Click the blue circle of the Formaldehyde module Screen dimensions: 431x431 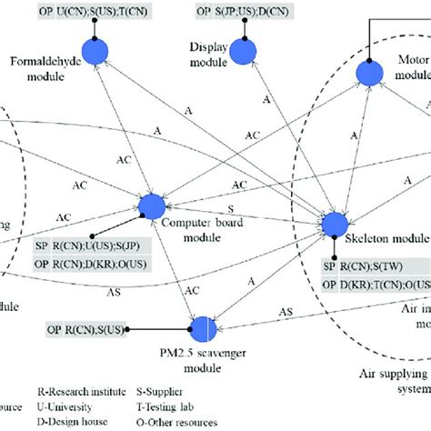(95, 52)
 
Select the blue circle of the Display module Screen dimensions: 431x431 (246, 53)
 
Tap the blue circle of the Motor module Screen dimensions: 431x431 (368, 74)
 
